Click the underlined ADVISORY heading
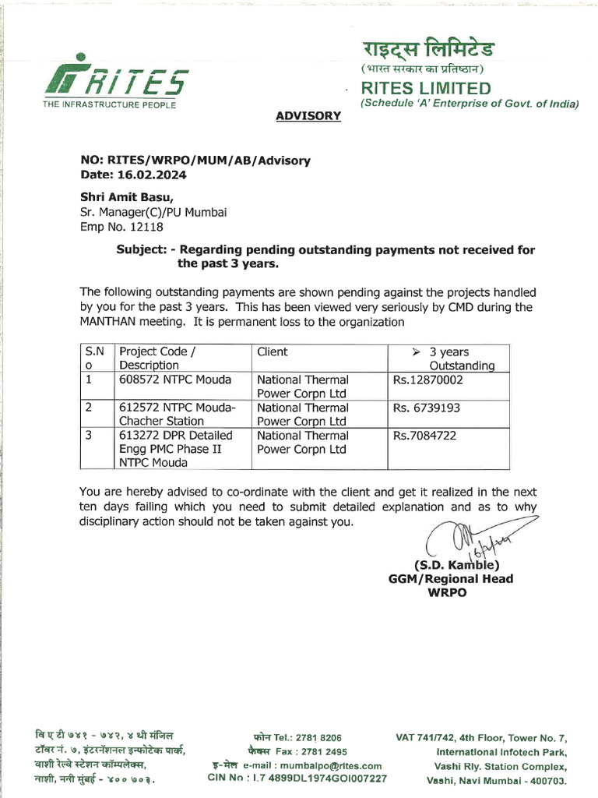308,116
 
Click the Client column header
273,352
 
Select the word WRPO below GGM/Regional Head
450,592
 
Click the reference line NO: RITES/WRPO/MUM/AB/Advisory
195,161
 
